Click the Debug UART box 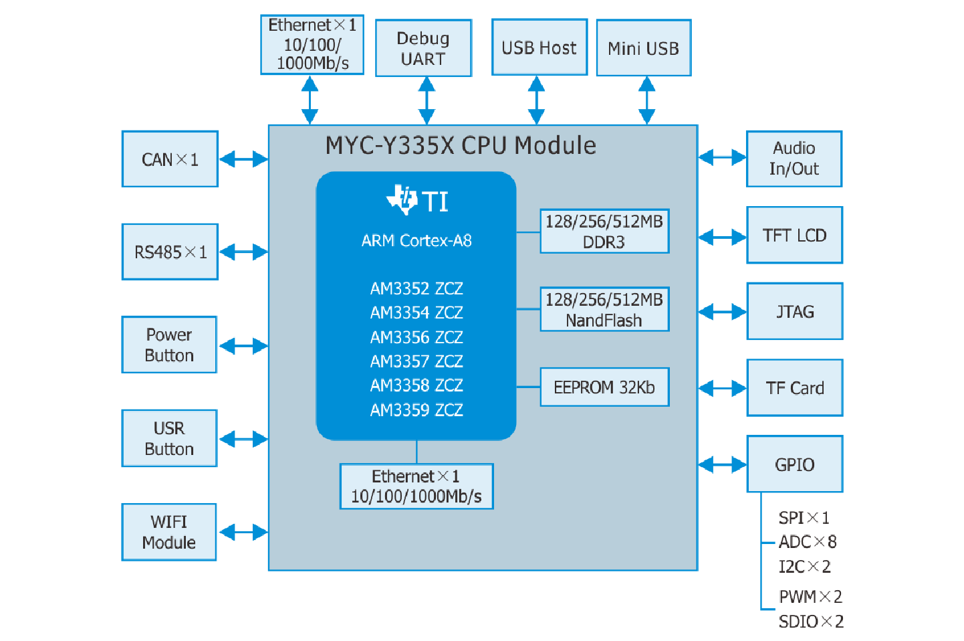pos(423,49)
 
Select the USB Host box pos(539,48)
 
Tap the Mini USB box pos(643,48)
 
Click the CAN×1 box pos(170,159)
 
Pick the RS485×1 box pos(170,252)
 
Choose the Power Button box pos(169,345)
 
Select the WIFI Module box pos(169,532)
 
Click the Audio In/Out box pos(794,159)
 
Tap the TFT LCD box pos(794,236)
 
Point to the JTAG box pos(794,312)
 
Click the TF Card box pos(794,388)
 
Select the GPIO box pos(794,464)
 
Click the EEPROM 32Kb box pos(604,387)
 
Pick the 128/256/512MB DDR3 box pos(604,232)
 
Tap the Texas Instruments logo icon pos(402,199)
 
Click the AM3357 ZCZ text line pos(416,361)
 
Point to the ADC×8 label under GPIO pos(808,542)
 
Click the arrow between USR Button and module pos(243,439)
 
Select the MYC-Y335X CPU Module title pos(461,146)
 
